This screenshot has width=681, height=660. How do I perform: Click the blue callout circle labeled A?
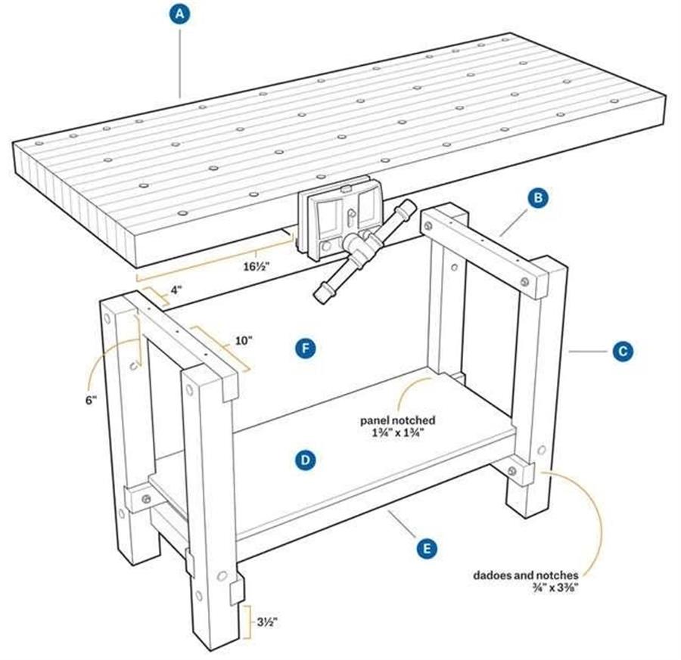point(179,14)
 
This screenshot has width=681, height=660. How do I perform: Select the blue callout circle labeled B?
point(538,198)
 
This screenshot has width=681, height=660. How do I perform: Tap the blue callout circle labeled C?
point(623,351)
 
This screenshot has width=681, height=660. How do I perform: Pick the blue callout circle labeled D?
point(306,460)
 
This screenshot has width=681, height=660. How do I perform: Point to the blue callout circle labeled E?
point(427,549)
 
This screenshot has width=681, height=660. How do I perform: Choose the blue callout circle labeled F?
point(306,349)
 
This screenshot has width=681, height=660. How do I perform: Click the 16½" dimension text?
point(257,266)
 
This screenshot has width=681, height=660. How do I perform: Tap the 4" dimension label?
point(176,290)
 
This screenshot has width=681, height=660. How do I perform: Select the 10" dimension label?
point(244,341)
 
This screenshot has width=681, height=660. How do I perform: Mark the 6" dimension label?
point(90,400)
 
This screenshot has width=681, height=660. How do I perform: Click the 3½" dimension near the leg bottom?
point(266,622)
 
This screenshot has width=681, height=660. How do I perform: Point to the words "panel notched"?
point(397,420)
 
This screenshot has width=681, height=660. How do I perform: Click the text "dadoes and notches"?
point(526,575)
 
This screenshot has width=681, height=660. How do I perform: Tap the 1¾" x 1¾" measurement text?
point(398,432)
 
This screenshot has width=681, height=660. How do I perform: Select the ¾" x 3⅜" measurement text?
point(556,588)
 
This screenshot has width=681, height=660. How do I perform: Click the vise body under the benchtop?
point(340,219)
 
